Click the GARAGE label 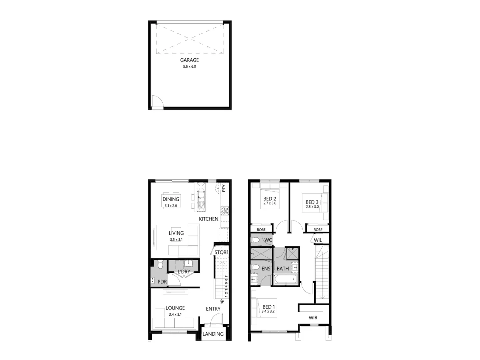189,60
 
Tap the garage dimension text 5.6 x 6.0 189,67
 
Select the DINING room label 171,199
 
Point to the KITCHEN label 209,219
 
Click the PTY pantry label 224,188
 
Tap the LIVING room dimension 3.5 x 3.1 176,239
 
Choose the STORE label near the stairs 221,252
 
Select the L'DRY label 184,272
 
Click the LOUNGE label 175,308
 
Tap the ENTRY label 213,309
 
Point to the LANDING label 213,334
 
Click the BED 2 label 270,199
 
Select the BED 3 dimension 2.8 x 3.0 312,207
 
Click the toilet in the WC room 256,240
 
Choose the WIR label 313,318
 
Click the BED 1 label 269,307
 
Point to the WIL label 318,240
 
